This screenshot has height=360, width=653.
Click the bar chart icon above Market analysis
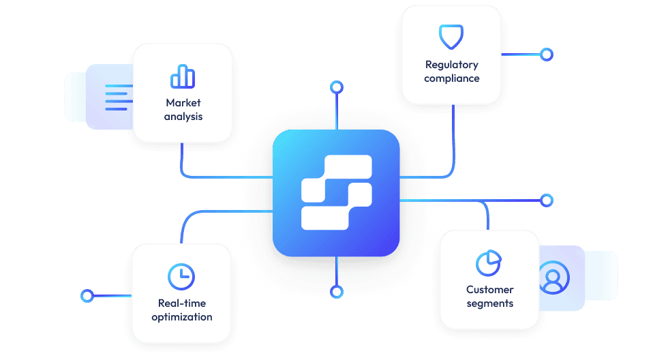pos(183,76)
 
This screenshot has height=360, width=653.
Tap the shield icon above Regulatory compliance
pos(451,36)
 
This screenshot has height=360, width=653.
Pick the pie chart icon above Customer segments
pos(489,262)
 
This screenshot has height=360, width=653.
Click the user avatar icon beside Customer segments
pos(553,277)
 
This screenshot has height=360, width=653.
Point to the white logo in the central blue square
pos(337,192)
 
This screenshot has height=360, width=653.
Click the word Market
pos(183,103)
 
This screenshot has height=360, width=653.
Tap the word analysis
pos(183,117)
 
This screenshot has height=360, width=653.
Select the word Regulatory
pos(451,65)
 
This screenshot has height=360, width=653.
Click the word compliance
pos(451,78)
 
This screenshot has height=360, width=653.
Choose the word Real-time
pos(181,303)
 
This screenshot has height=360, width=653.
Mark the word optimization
pos(181,317)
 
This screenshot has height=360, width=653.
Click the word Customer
pos(489,290)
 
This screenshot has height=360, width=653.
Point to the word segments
pos(489,303)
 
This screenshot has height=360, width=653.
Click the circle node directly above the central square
pos(336,87)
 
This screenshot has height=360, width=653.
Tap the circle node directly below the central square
pos(336,292)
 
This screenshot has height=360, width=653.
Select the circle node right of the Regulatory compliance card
pos(546,54)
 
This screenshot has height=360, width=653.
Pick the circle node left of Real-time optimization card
pos(87,295)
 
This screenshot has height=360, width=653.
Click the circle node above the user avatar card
pos(546,200)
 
